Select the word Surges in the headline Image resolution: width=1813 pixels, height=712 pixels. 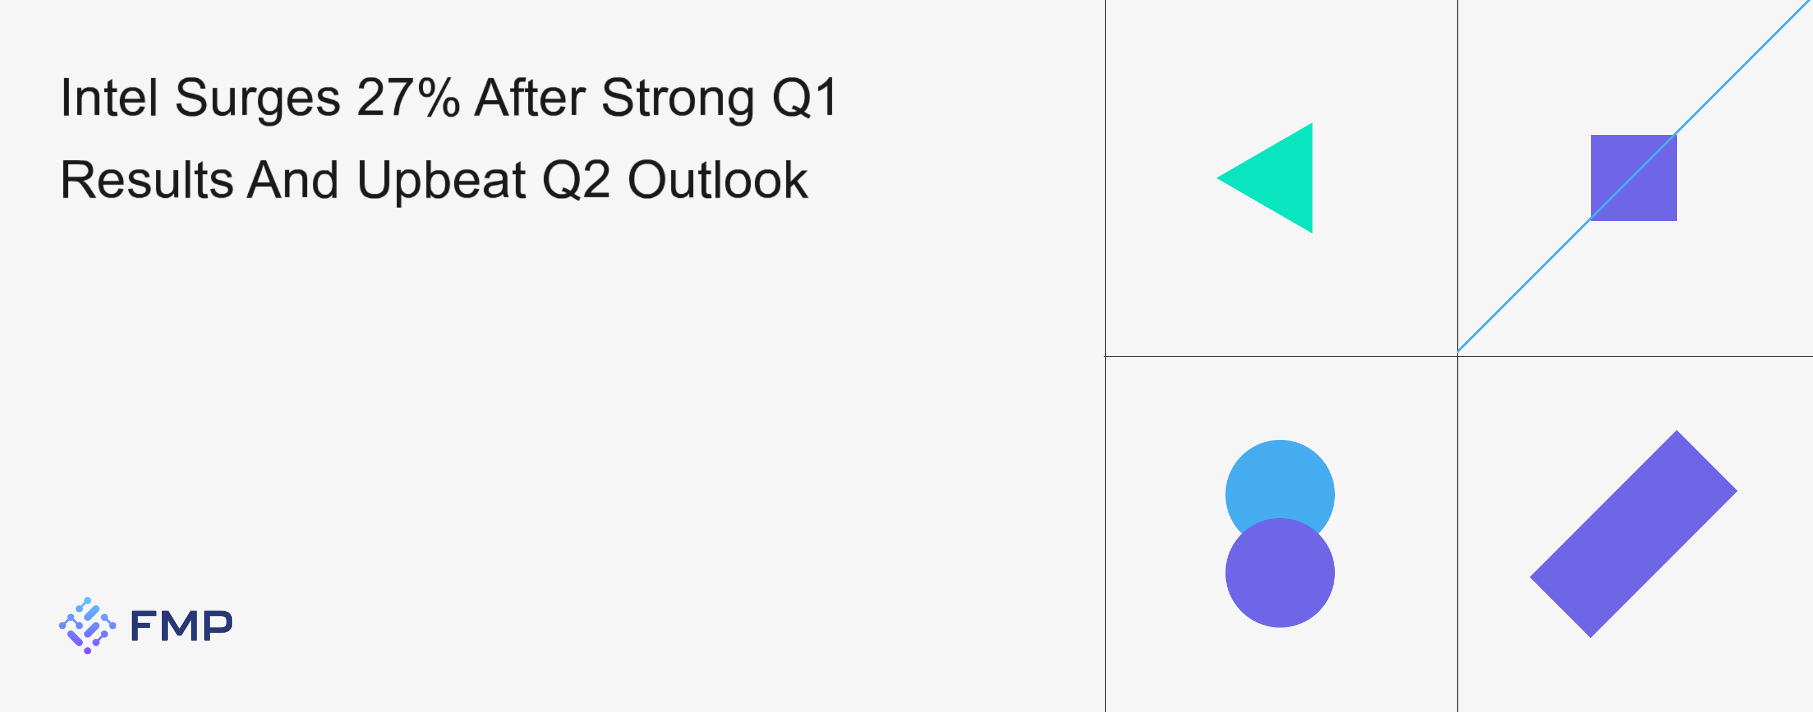(258, 99)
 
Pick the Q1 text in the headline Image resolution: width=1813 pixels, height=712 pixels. (805, 98)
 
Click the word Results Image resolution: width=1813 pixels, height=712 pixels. (146, 180)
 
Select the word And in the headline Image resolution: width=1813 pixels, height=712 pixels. (293, 180)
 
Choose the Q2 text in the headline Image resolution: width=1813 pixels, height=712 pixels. (576, 181)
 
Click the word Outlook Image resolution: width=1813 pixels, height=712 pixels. (717, 180)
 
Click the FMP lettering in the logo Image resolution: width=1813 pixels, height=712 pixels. (181, 625)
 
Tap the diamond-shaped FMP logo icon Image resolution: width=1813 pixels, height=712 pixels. (87, 625)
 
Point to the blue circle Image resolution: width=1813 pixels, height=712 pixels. (1279, 479)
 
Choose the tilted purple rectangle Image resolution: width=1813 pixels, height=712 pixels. (1633, 534)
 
